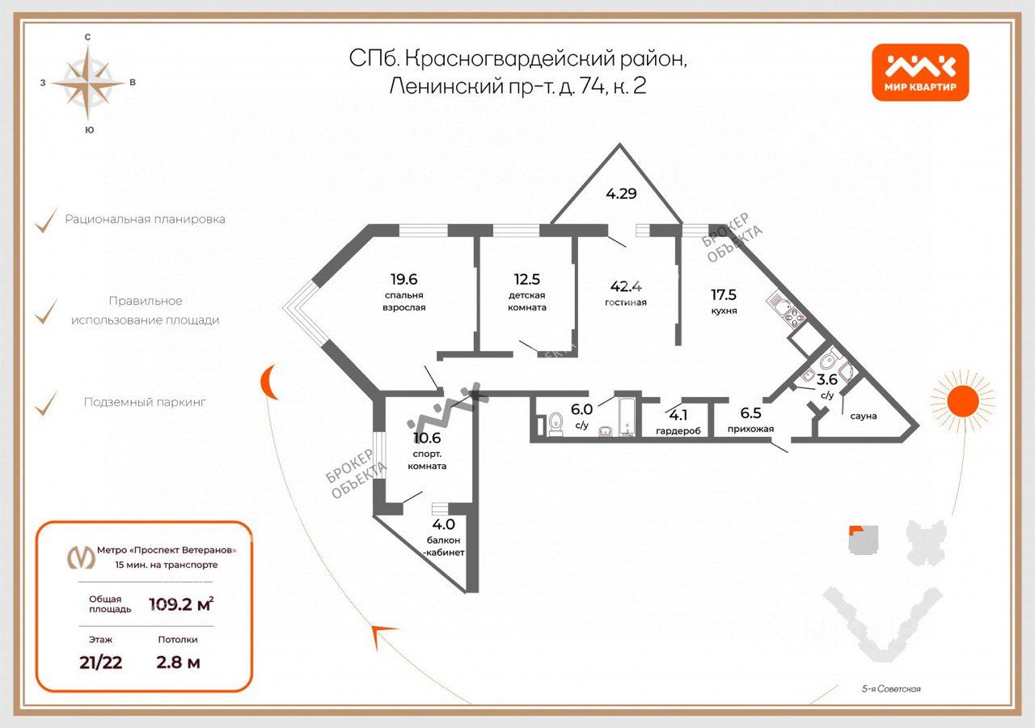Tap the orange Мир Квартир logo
[x=920, y=72]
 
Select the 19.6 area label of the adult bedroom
[x=403, y=280]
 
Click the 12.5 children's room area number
[x=526, y=280]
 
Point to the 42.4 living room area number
[x=627, y=286]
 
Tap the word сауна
[x=864, y=416]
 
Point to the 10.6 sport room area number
[x=427, y=439]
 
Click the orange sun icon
[x=961, y=400]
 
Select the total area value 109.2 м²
[x=181, y=603]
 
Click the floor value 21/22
[x=101, y=662]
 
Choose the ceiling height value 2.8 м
[x=178, y=662]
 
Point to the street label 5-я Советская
[x=891, y=689]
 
